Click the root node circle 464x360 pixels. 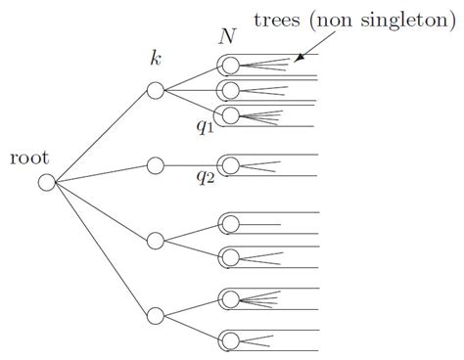(46, 182)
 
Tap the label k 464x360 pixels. (155, 59)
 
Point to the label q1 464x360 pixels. (205, 126)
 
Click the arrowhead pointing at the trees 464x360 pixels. (299, 58)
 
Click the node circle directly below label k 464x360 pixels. (155, 90)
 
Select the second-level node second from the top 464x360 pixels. (155, 165)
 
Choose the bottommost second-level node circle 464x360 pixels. (155, 315)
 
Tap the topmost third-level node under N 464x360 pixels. (230, 67)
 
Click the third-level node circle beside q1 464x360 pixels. (230, 115)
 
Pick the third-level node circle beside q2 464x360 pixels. (230, 164)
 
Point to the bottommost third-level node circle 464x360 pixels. (230, 339)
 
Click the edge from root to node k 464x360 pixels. (100, 136)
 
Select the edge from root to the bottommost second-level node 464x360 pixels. (100, 248)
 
